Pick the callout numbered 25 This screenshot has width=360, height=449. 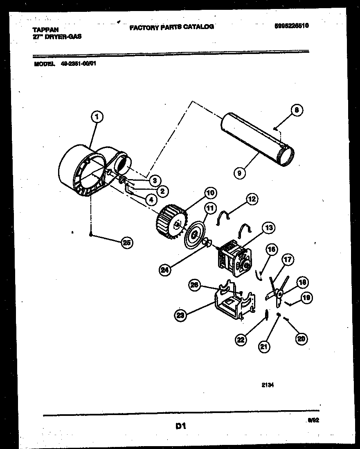click(127, 242)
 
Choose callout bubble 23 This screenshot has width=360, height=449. click(181, 315)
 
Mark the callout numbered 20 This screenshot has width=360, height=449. click(301, 338)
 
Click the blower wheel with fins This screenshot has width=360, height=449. click(171, 223)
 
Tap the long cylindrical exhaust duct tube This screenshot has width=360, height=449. click(256, 141)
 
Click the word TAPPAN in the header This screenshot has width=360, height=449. click(45, 30)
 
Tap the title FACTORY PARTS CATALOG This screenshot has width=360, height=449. click(171, 27)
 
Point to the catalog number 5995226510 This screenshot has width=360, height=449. click(291, 25)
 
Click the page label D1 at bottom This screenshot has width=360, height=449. click(181, 426)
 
